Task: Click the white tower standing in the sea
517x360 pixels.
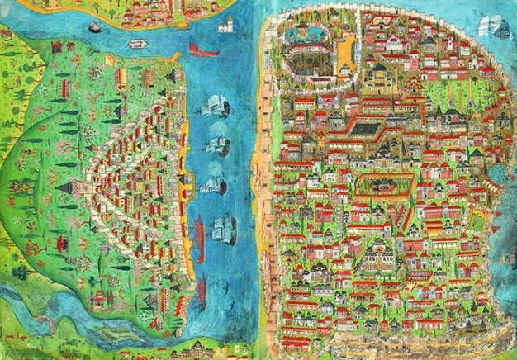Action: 225,25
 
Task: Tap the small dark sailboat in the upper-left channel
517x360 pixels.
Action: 95,27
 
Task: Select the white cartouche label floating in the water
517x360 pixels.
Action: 137,43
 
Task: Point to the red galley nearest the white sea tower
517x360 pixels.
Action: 203,50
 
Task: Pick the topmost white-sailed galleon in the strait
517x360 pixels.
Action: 214,106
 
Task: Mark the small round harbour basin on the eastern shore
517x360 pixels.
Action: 496,174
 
